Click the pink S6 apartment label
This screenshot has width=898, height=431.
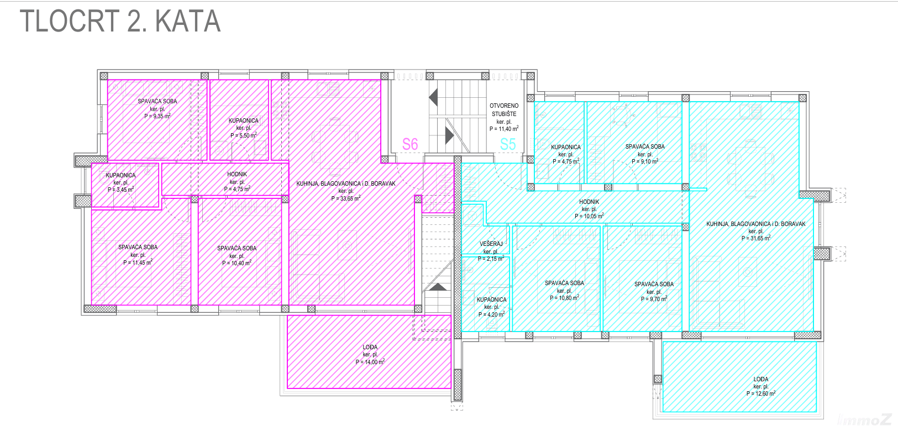tap(410, 144)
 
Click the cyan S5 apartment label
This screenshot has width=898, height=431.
tap(508, 144)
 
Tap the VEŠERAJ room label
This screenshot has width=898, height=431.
tap(491, 244)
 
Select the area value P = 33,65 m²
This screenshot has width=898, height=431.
tap(346, 198)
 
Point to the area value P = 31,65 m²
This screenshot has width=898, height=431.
tap(756, 238)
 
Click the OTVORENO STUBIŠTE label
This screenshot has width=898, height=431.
tap(504, 110)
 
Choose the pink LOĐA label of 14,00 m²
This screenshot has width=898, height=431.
tap(370, 347)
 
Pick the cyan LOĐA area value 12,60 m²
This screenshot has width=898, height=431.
tap(761, 393)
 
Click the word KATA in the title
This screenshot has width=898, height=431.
tap(188, 21)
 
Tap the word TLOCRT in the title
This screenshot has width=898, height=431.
tap(70, 21)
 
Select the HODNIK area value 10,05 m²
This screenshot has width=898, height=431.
tap(589, 215)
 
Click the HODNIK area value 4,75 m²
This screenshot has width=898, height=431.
tap(237, 189)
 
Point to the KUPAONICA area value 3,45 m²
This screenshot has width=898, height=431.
tap(120, 189)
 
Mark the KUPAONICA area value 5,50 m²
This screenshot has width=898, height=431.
tap(244, 135)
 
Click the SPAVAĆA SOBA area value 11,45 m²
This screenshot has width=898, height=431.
tap(138, 262)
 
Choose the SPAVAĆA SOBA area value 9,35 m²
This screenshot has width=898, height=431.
tap(157, 116)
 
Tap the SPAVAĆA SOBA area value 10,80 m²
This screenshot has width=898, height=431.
tap(564, 298)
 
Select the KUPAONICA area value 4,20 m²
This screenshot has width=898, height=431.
tap(491, 314)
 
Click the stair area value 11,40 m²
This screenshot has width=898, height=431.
tap(504, 129)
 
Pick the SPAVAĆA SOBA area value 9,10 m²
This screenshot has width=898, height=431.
tap(645, 161)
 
